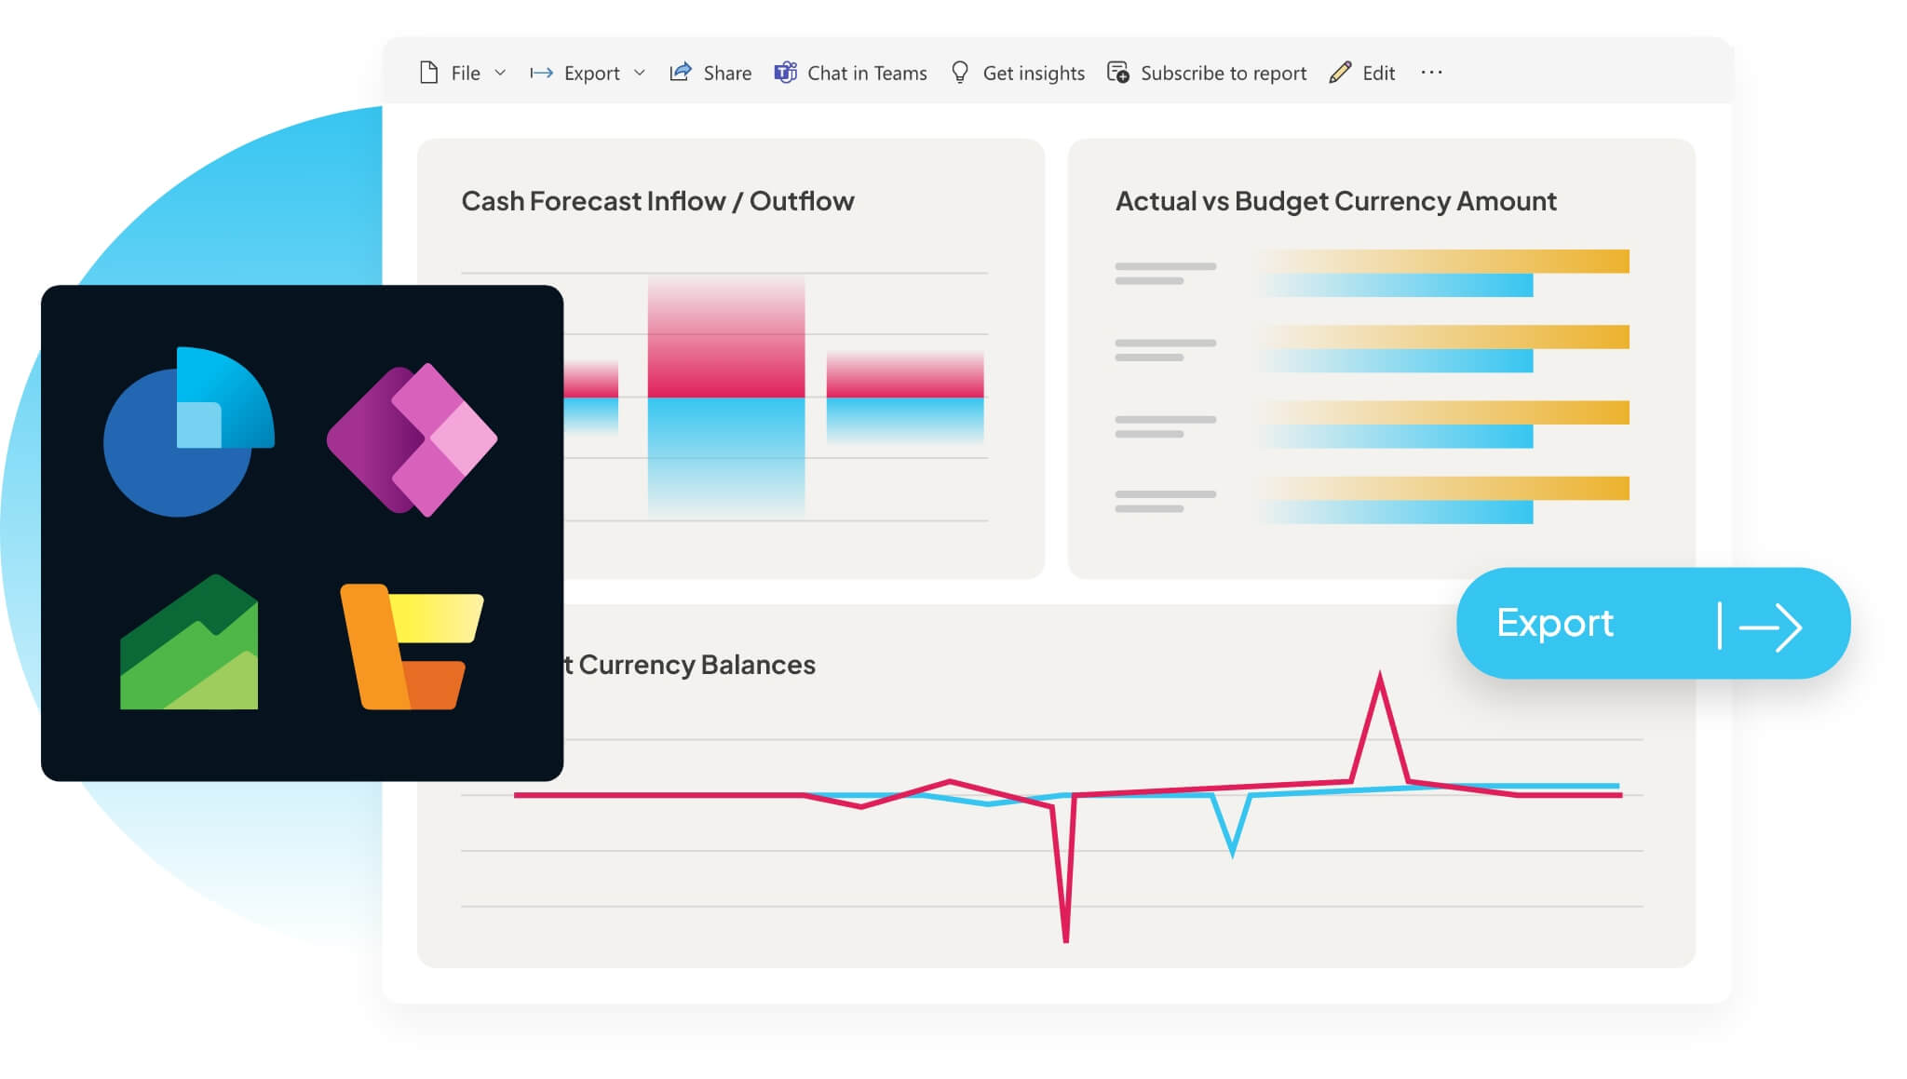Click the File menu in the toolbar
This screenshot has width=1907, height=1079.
(x=463, y=74)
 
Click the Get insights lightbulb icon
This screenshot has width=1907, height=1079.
(x=960, y=73)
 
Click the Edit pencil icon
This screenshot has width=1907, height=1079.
(x=1340, y=73)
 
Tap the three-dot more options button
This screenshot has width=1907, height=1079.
(x=1431, y=73)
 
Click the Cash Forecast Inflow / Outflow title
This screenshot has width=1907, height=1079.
(x=657, y=201)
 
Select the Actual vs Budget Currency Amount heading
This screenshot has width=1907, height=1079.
(x=1335, y=201)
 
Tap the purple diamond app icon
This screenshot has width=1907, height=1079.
(x=412, y=439)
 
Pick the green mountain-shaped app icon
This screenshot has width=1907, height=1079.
(x=189, y=644)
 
